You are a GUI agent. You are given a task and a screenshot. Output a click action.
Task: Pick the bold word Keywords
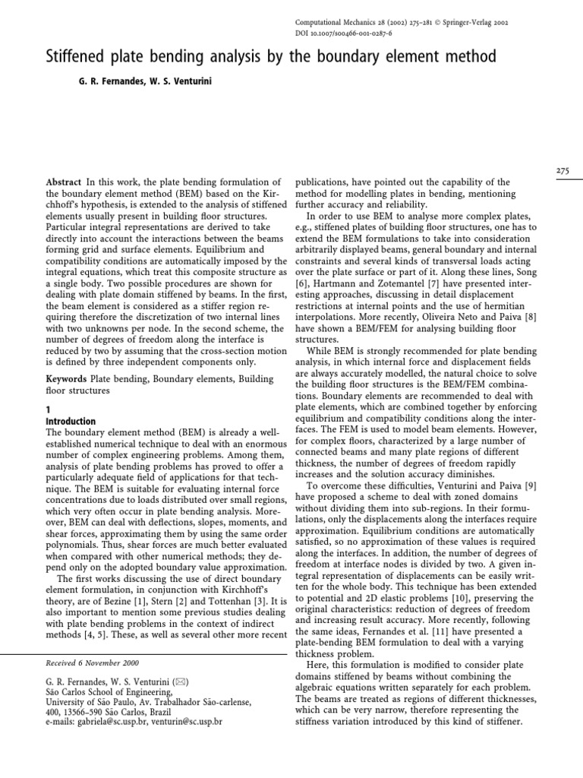tap(67, 378)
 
